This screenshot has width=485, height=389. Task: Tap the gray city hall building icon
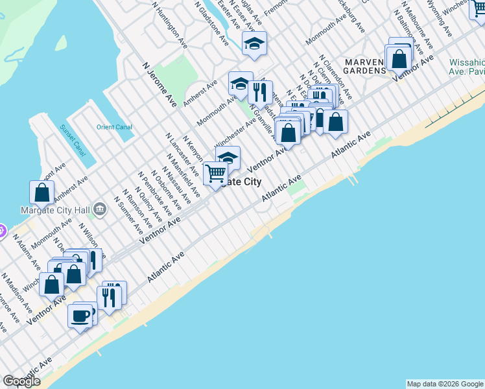pos(100,209)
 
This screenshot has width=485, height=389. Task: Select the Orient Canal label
pos(114,127)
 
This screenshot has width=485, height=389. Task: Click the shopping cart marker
pos(215,173)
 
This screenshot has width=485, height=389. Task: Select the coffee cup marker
pos(80,316)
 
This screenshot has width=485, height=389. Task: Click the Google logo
pos(21,381)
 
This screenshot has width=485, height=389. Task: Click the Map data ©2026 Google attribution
pos(445,384)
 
